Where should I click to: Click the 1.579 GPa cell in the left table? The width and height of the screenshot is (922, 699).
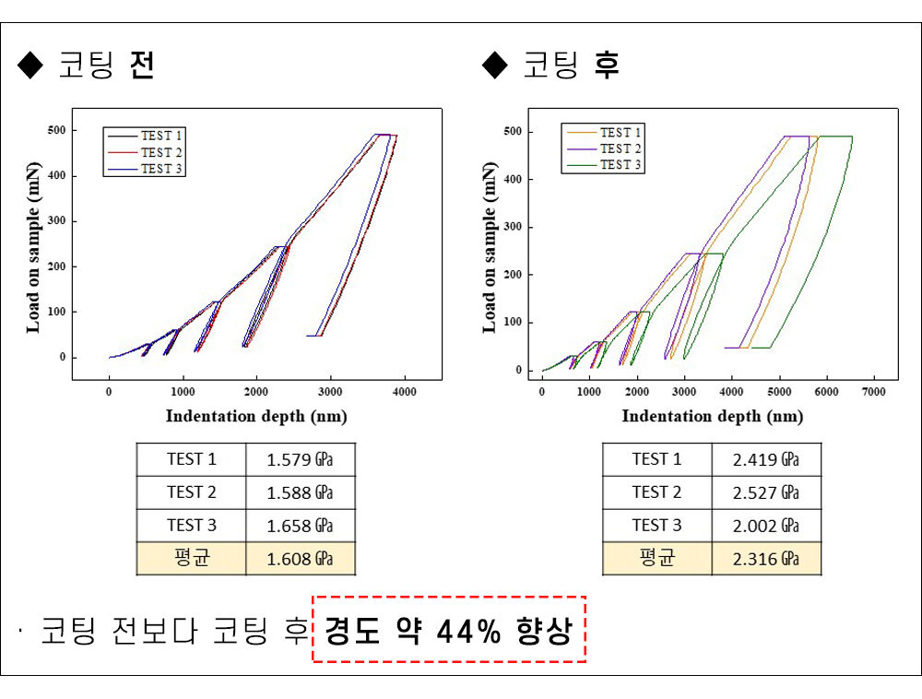tap(300, 459)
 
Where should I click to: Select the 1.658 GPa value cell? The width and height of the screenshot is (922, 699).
tap(300, 526)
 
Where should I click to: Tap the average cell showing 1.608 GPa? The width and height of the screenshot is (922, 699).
tap(300, 559)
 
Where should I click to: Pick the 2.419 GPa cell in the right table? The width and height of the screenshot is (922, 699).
tap(765, 459)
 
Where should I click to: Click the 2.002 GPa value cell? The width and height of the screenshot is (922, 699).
tap(765, 526)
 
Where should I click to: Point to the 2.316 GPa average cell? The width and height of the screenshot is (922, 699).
tap(765, 559)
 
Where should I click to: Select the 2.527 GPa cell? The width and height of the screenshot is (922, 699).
tap(765, 492)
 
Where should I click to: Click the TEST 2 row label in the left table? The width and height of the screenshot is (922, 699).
tap(191, 492)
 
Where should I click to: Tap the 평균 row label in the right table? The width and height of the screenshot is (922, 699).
tap(656, 559)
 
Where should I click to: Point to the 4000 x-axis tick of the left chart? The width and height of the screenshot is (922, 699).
tap(404, 392)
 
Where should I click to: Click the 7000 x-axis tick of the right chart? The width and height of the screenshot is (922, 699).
tap(873, 392)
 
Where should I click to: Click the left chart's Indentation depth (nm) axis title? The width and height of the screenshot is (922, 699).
tap(256, 416)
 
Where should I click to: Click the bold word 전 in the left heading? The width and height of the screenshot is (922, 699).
tap(142, 65)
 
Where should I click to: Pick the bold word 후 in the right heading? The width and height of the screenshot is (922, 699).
tap(607, 65)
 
